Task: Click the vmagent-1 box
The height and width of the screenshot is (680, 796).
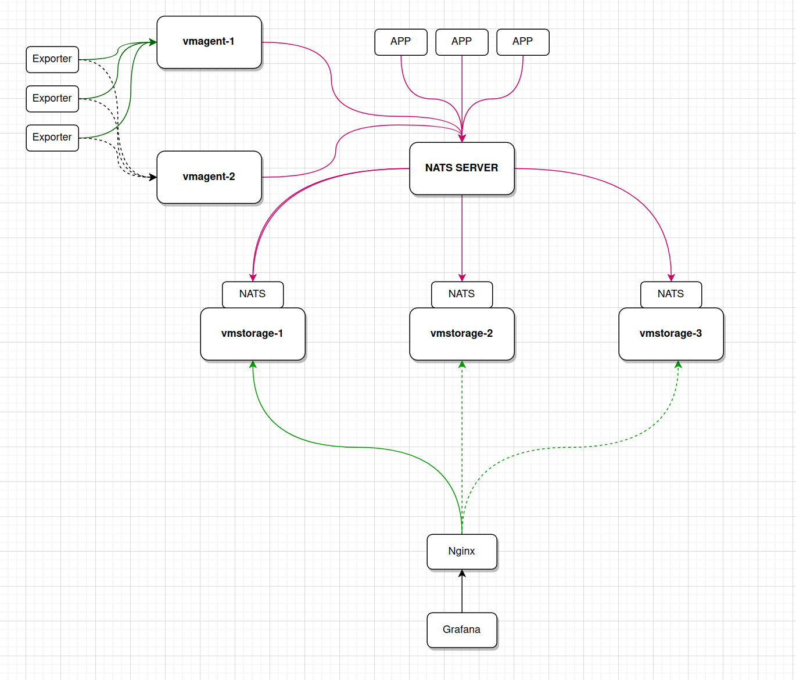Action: pos(209,42)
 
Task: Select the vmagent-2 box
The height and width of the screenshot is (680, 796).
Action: pos(209,177)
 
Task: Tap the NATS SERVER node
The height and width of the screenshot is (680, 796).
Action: pos(462,168)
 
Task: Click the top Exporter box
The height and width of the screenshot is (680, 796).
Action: pos(52,59)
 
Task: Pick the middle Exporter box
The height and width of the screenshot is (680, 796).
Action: pos(52,99)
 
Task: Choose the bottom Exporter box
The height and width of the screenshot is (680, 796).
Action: pos(52,138)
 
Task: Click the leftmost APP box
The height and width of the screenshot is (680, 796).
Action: pos(401,42)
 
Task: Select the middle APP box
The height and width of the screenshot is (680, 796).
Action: pos(462,42)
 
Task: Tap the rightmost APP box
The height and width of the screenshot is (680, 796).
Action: pos(523,42)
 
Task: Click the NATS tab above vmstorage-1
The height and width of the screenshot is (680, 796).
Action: pos(253,294)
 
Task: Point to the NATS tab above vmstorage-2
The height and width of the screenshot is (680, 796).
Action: pos(462,294)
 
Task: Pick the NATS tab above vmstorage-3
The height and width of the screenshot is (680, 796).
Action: pos(671,294)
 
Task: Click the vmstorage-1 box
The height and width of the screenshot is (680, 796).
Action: pos(253,334)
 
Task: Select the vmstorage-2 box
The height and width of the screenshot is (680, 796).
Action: pos(462,334)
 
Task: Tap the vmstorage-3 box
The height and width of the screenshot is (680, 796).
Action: pos(671,334)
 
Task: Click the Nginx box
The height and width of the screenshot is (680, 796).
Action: pos(462,552)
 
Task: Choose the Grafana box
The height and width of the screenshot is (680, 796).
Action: pos(462,630)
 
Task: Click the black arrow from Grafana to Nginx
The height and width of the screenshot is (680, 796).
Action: pos(462,592)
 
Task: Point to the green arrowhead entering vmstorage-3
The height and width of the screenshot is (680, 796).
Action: pos(678,365)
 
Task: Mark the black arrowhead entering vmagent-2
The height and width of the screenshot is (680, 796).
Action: pos(153,177)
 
